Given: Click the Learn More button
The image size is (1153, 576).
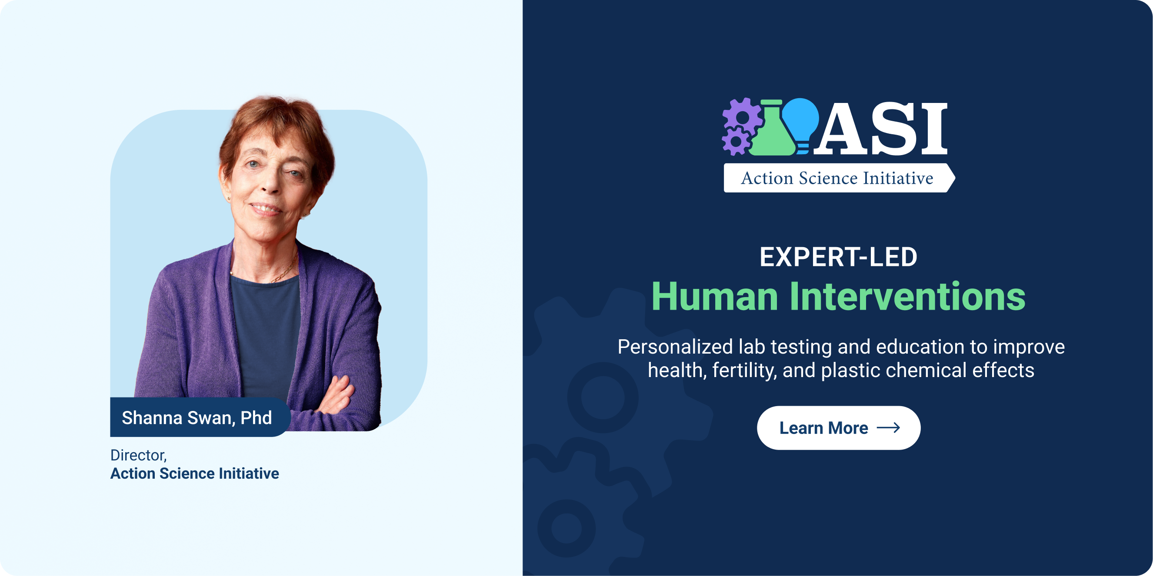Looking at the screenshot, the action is click(x=838, y=427).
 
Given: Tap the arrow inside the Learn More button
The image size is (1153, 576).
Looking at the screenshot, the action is click(x=888, y=428).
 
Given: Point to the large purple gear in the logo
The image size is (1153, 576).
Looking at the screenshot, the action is click(x=742, y=117).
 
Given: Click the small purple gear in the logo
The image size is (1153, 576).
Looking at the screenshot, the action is click(x=735, y=142).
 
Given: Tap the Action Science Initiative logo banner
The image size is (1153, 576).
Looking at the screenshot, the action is click(x=839, y=178).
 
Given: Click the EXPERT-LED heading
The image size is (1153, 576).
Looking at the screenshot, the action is click(x=838, y=257).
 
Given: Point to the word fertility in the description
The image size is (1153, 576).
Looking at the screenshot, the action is click(x=743, y=370).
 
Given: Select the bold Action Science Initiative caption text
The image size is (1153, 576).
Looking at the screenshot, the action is click(x=195, y=473).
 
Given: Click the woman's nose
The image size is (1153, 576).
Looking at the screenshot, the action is click(x=270, y=181).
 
